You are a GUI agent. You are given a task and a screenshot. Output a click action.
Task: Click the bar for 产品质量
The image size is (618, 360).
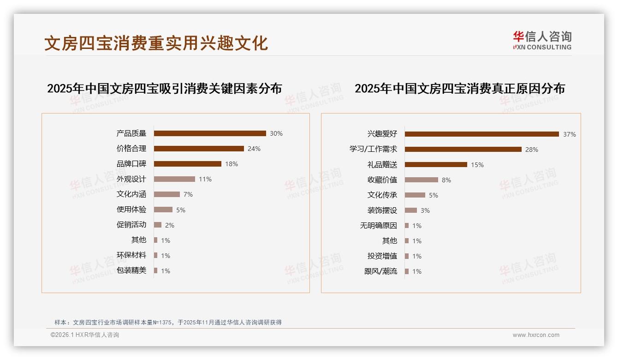click(x=210, y=133)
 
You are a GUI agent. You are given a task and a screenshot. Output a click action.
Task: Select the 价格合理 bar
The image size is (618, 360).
click(x=199, y=149)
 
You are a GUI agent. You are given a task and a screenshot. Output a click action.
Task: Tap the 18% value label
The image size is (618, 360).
click(x=232, y=164)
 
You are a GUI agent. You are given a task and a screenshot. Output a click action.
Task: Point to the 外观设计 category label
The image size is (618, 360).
click(x=131, y=179)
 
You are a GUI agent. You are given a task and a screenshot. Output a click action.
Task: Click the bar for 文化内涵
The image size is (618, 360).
click(x=167, y=194)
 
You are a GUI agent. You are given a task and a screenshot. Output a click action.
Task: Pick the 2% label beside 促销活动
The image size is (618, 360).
click(x=170, y=225)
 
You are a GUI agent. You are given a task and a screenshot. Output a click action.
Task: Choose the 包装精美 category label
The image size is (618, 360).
click(x=131, y=270)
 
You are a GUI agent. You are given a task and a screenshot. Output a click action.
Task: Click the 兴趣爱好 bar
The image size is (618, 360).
click(x=482, y=134)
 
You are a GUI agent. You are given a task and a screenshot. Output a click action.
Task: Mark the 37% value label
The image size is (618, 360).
click(x=570, y=135)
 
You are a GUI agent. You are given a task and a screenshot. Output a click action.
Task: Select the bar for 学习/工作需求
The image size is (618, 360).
click(x=463, y=150)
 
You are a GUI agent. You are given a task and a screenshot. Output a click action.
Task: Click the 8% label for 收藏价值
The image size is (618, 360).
click(x=446, y=180)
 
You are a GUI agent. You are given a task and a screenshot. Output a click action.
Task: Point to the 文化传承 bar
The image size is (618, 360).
click(x=415, y=195)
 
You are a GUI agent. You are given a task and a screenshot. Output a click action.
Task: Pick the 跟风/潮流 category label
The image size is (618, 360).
click(x=380, y=271)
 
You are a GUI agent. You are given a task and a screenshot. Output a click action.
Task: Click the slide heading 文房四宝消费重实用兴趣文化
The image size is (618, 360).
click(x=156, y=43)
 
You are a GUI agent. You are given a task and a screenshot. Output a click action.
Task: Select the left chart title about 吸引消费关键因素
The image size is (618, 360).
click(x=164, y=88)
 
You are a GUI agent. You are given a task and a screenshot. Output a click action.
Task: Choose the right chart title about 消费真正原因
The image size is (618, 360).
click(x=459, y=88)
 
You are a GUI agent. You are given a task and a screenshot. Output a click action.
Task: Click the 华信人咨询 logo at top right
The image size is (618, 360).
click(x=542, y=40)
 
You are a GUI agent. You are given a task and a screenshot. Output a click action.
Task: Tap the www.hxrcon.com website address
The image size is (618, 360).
click(x=536, y=335)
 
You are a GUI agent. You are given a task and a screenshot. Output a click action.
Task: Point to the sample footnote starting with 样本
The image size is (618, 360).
click(x=168, y=323)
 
